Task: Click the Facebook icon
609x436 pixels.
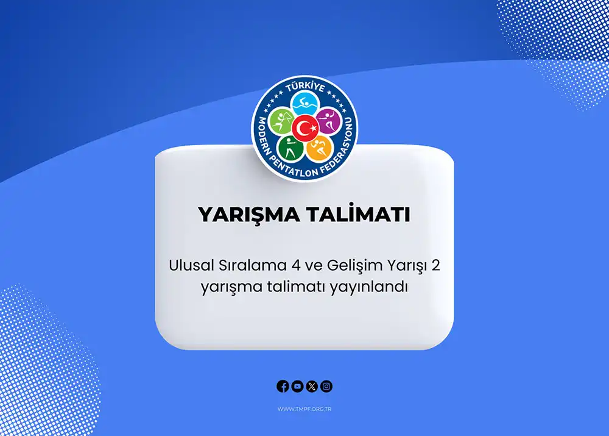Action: coord(283,386)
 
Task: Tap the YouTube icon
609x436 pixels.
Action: coord(297,386)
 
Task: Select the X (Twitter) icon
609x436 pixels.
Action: coord(312,386)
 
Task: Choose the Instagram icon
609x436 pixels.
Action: coord(326,386)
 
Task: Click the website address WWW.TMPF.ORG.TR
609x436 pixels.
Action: coord(304,409)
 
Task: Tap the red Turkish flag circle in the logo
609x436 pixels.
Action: coord(305,128)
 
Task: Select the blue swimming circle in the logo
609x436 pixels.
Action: coord(305,104)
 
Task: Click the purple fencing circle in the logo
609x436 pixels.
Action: coord(329,120)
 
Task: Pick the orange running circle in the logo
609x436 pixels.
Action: coord(319,148)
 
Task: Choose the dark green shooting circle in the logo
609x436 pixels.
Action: coord(291,148)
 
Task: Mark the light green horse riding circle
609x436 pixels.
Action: coord(281,121)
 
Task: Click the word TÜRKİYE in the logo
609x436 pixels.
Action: coord(305,87)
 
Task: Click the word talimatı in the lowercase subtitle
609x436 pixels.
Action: coord(295,287)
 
